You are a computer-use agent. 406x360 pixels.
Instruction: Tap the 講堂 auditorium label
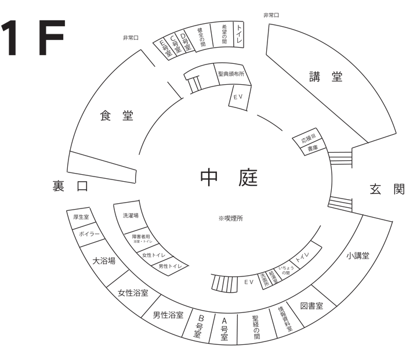point(325,78)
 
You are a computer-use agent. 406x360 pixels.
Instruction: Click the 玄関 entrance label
point(386,189)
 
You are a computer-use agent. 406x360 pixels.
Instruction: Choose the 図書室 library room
point(311,305)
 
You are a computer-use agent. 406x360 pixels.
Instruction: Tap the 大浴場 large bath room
point(104,261)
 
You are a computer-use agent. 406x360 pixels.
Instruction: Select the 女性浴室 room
point(133,293)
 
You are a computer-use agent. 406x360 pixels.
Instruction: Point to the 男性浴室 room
point(168,315)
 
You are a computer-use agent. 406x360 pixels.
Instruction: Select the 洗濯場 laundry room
point(130,215)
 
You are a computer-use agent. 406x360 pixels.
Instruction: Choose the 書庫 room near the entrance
point(312,149)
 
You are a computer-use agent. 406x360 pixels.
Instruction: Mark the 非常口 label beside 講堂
point(271,15)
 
